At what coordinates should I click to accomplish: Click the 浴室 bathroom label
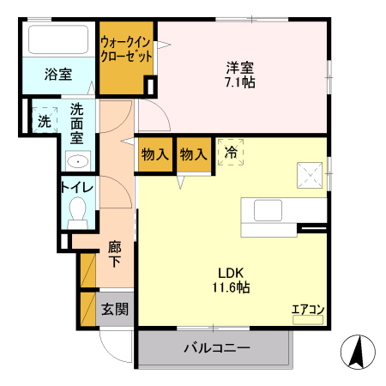(57, 75)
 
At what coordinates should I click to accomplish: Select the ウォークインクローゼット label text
(126, 49)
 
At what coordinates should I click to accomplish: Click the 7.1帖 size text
(240, 83)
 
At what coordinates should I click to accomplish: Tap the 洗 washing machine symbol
(43, 121)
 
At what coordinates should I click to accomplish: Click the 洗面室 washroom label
(77, 123)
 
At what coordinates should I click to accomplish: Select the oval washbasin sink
(78, 160)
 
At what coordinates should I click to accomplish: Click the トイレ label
(76, 186)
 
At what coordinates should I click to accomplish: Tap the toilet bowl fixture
(78, 210)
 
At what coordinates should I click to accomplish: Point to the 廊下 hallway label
(115, 255)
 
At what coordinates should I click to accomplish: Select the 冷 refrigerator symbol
(230, 153)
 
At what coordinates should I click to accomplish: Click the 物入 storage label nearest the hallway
(154, 154)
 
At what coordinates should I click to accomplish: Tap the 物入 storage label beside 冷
(193, 154)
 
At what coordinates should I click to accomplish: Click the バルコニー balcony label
(216, 349)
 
